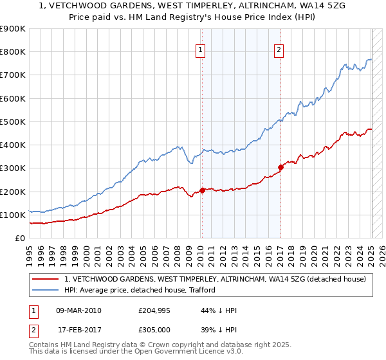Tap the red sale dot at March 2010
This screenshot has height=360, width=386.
[202, 190]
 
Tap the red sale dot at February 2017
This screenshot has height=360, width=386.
[281, 167]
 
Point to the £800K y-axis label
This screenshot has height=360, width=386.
[13, 52]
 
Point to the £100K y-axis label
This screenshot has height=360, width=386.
[13, 215]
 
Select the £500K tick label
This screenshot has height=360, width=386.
[13, 122]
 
